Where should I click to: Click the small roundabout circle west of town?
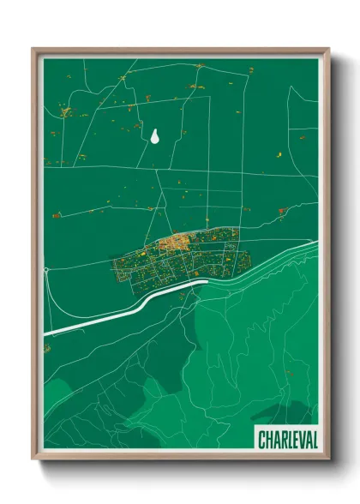pos(45,271)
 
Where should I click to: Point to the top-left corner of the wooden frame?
pos(33,49)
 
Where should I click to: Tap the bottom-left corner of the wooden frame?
pos(33,460)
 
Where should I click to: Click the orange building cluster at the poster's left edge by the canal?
pos(48,351)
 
